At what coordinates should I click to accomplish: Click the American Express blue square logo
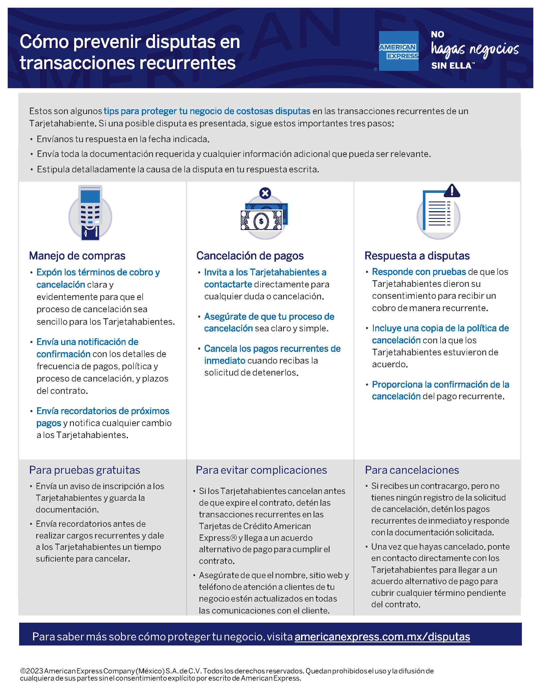398,51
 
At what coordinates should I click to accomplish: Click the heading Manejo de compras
77,256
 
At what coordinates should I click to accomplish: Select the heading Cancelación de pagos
250,256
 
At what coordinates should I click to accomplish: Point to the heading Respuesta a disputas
417,256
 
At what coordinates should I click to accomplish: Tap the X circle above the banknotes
265,193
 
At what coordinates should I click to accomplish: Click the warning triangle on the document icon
452,191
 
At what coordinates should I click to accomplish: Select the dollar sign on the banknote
261,221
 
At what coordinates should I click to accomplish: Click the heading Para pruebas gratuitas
85,470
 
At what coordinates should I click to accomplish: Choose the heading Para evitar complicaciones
261,470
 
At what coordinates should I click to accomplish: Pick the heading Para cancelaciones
412,470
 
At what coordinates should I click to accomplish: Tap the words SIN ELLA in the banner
451,66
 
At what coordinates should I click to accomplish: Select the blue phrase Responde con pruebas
419,272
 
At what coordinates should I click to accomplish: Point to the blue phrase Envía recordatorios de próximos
102,411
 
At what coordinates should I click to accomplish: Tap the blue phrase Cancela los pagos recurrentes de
272,348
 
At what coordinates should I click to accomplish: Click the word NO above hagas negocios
437,34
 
